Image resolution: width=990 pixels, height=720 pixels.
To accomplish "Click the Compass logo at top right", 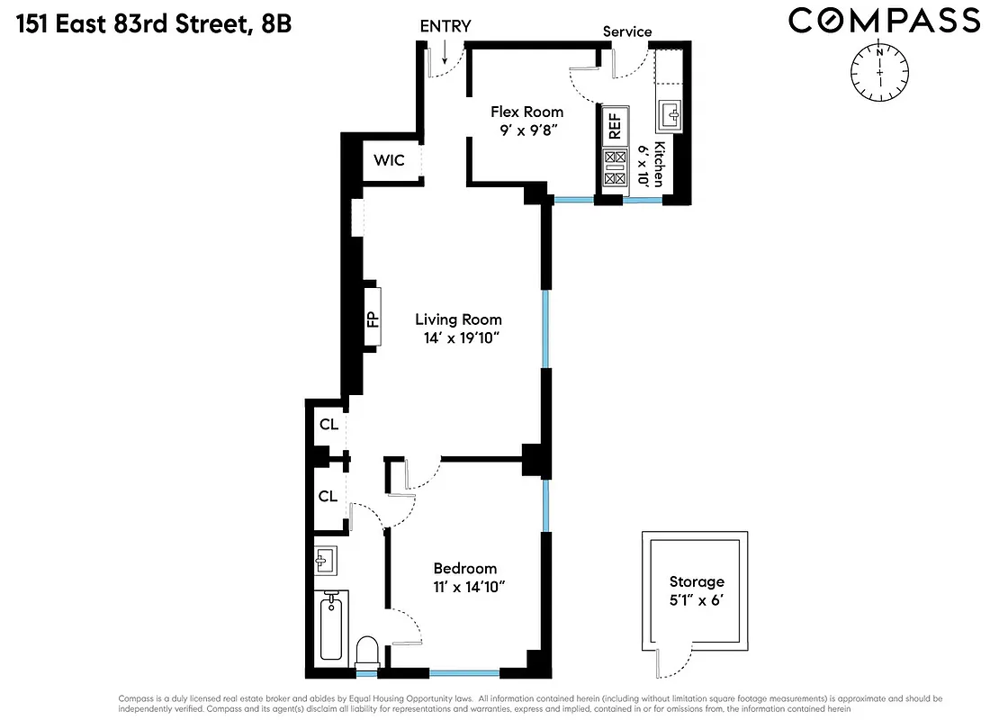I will coord(884,20).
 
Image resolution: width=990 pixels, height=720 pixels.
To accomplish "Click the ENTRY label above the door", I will coord(445,26).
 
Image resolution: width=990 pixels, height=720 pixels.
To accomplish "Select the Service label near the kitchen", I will coord(627,31).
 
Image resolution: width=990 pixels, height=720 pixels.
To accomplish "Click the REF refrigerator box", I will coord(615,126).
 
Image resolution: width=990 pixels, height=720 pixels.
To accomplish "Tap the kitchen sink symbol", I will coord(670,115).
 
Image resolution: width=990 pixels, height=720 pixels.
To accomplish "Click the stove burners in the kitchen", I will coord(615,168).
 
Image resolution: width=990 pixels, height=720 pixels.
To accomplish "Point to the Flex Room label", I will coord(526,112).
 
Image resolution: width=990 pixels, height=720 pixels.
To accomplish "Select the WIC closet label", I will coord(389,160).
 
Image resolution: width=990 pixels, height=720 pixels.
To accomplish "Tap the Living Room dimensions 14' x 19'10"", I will coord(457,339).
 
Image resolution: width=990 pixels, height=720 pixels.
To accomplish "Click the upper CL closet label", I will coord(328,424).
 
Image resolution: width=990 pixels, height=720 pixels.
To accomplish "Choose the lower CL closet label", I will coord(328,496).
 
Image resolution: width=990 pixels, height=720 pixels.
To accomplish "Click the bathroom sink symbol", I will coord(324,561).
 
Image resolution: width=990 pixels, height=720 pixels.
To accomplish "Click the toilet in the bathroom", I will coord(366,650).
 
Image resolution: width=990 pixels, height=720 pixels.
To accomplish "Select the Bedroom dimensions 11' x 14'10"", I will coord(464,588).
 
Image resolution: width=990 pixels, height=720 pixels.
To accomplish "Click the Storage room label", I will coord(696,582).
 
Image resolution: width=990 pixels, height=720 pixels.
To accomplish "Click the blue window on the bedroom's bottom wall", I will coord(464,672).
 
